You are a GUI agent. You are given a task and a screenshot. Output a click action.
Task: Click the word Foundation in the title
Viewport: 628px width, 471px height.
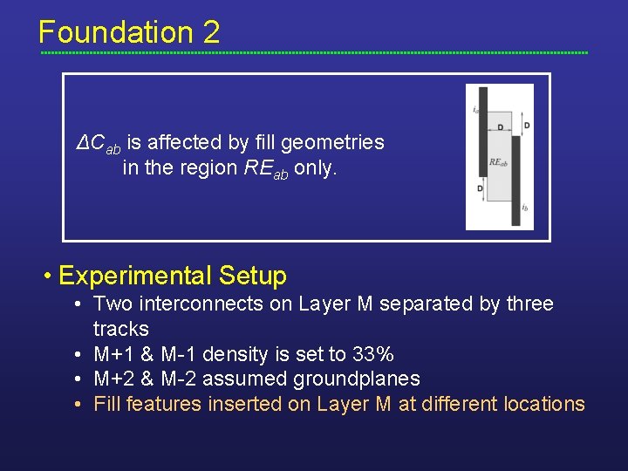[115, 33]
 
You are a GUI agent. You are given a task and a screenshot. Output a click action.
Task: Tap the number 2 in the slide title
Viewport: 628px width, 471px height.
[211, 33]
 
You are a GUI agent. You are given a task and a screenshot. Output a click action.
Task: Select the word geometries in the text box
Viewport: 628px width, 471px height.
[336, 142]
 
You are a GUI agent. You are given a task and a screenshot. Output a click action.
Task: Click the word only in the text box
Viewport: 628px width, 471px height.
[315, 167]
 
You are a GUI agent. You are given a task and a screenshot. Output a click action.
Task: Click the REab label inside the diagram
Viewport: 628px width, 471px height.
[498, 162]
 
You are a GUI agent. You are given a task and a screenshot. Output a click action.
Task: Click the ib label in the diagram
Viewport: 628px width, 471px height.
[523, 208]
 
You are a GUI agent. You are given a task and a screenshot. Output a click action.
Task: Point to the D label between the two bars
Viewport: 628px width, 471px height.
[500, 128]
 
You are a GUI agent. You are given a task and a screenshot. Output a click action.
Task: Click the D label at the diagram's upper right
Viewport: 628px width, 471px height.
[527, 126]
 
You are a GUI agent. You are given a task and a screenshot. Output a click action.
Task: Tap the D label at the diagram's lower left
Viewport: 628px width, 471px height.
[480, 188]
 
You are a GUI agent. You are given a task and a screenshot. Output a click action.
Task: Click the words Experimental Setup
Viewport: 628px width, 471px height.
[172, 276]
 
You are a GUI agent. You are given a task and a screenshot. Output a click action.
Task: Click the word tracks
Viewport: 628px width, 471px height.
[121, 330]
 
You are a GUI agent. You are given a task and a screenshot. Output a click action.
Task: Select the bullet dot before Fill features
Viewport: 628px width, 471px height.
[78, 405]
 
